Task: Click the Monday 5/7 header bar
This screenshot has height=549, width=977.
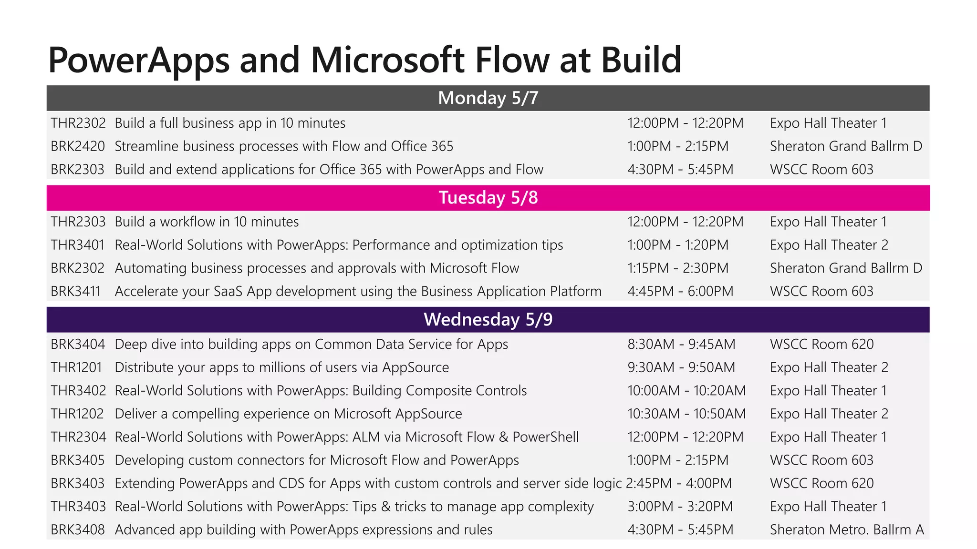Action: pos(488,98)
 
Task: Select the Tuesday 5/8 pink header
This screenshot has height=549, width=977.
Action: pos(488,198)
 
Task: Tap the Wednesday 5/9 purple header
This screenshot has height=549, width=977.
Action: pos(488,319)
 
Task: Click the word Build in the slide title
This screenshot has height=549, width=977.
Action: pos(641,60)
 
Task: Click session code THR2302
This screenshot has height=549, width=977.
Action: pos(78,123)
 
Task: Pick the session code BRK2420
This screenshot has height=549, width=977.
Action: pos(78,146)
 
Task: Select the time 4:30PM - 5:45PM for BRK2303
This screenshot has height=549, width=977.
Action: pos(680,170)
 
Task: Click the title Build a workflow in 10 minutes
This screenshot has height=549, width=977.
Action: pos(207,222)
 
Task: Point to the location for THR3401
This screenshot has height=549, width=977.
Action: pos(829,245)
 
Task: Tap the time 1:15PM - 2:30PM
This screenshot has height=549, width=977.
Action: pos(678,268)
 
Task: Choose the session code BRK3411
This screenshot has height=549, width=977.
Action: pos(76,291)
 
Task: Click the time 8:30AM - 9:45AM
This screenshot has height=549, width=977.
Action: pos(681,345)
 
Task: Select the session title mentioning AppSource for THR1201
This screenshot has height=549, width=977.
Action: pos(281,367)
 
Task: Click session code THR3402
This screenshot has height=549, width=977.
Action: pos(78,391)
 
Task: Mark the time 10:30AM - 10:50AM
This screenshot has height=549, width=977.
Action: pos(686,414)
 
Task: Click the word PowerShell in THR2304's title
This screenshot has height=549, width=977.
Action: pos(545,437)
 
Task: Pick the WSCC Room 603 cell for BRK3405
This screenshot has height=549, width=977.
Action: pos(821,460)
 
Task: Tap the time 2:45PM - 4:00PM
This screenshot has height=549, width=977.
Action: pos(679,484)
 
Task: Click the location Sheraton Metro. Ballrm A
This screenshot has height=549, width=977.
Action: pos(847,530)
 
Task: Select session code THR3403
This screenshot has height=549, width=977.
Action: pos(78,507)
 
